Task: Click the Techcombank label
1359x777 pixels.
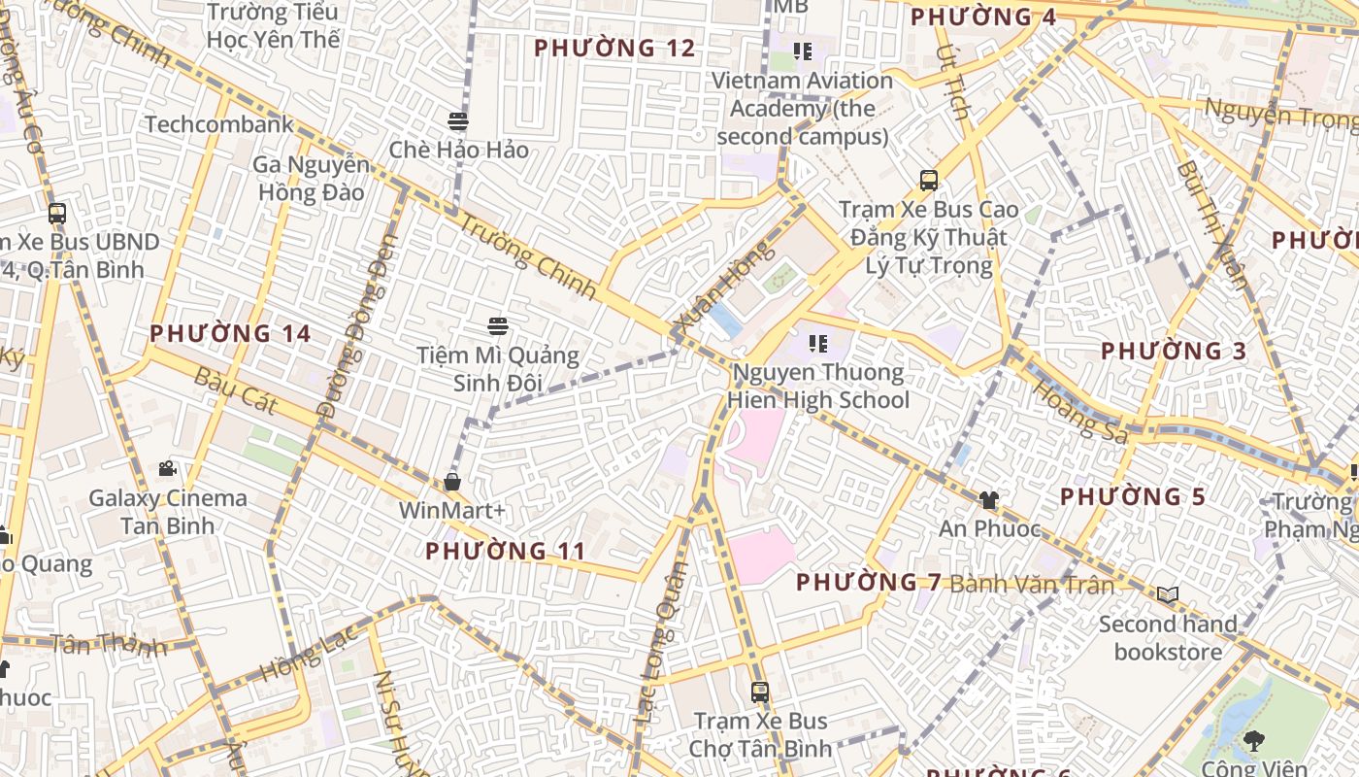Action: coord(219,124)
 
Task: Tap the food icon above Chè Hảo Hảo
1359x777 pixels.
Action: coord(458,121)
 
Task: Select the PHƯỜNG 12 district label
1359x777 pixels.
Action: coord(614,48)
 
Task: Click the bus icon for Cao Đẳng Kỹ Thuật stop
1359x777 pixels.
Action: coord(929,181)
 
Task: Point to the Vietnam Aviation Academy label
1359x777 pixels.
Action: coord(802,108)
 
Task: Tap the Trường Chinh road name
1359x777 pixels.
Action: coord(525,254)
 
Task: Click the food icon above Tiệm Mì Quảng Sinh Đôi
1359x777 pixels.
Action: coord(498,326)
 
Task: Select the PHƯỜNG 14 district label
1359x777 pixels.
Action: coord(230,333)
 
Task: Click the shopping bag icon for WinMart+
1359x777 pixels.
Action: coord(451,482)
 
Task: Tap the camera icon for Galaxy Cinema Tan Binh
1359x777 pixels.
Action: coord(168,469)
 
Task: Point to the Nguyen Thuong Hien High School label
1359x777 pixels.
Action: coord(820,386)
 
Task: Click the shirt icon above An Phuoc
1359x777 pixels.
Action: coord(988,500)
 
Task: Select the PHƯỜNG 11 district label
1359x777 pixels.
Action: coord(506,552)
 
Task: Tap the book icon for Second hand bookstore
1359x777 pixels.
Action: coord(1168,594)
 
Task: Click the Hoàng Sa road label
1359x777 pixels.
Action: coord(1079,411)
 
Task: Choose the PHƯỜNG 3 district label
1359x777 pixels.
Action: coord(1173,351)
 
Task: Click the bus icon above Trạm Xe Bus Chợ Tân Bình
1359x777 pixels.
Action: coord(760,693)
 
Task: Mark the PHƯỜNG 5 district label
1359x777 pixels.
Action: coord(1132,497)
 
